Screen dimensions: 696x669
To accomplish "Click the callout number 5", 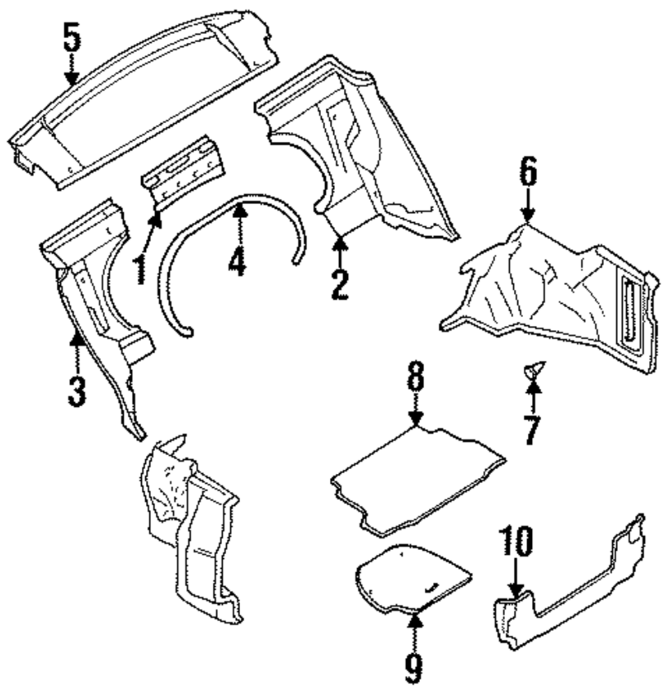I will (x=72, y=39).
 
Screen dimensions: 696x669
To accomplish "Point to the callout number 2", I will (x=339, y=285).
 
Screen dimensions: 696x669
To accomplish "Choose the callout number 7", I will (x=531, y=431).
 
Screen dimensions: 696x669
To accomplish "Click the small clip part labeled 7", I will (x=534, y=369).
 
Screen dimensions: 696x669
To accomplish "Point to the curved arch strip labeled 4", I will (x=201, y=221).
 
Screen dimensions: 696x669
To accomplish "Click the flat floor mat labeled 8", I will (x=418, y=478).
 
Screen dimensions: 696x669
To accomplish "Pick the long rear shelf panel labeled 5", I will (x=140, y=100).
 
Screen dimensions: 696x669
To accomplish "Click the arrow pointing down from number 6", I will (x=528, y=207).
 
